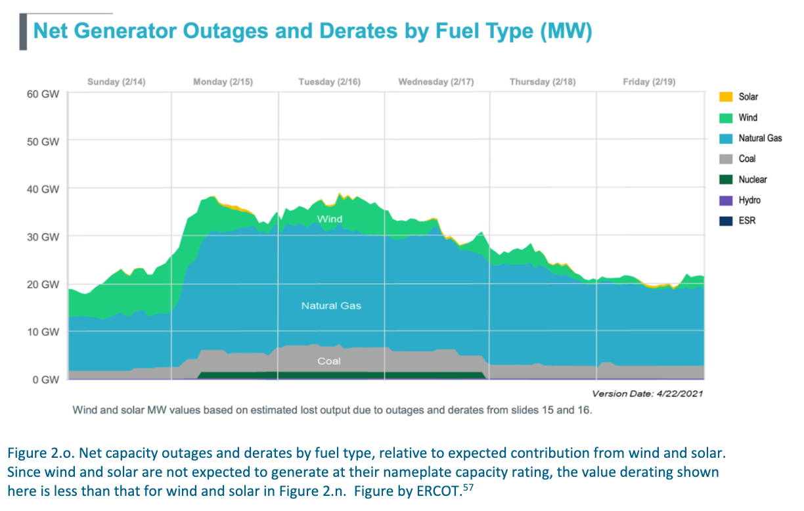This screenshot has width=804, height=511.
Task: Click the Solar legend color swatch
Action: coord(725,97)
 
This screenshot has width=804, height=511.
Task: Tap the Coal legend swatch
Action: coord(725,159)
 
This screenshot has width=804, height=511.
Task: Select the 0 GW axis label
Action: coord(47,380)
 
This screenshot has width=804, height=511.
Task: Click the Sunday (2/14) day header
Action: coord(116,82)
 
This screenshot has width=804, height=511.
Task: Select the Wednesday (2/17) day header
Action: coord(435,82)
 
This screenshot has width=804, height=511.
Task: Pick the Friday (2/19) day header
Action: coord(648,82)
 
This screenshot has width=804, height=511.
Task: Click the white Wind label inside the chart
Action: coord(329,219)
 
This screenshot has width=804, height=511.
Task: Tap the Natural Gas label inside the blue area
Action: coord(331,305)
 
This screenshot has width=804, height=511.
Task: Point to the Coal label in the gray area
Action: coord(329,361)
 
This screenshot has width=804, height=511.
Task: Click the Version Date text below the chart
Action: coord(647,394)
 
